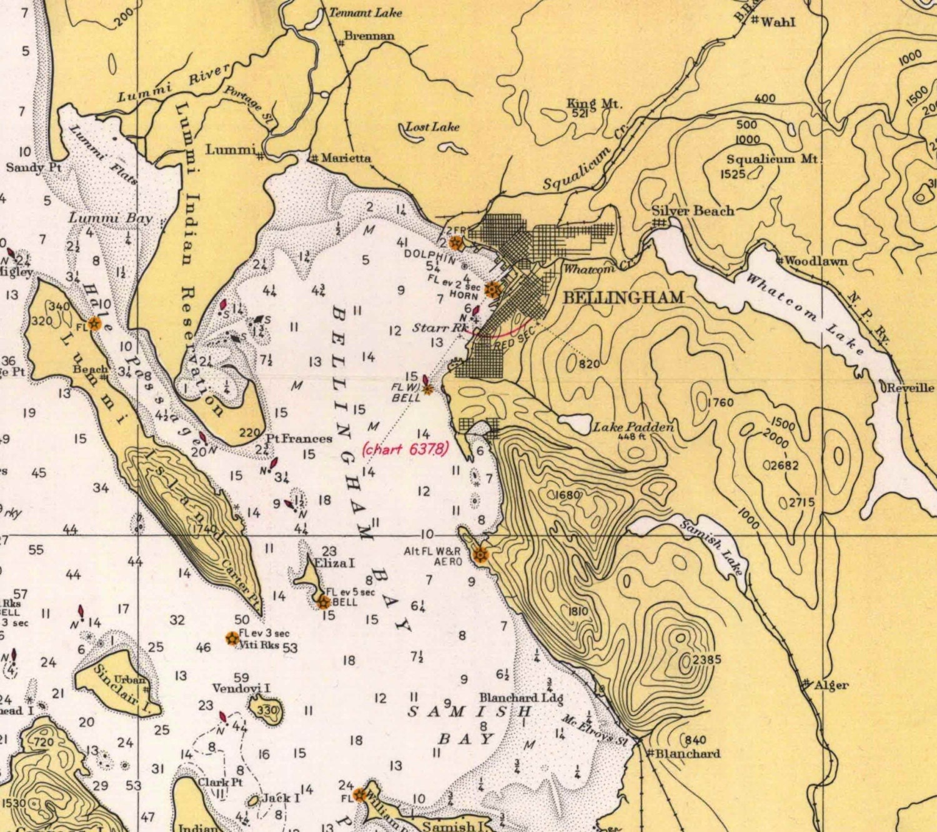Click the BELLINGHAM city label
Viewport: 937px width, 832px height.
623,298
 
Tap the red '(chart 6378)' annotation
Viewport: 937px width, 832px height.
405,449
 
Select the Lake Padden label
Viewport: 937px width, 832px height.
633,427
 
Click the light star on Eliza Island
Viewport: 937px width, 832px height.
324,602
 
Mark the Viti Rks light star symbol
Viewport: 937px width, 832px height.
231,638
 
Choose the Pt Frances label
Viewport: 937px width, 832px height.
299,438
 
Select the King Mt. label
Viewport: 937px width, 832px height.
594,104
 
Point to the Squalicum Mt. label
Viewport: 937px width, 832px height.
772,159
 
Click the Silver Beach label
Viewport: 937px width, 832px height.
693,211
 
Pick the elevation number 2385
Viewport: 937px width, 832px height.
706,659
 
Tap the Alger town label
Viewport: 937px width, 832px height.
831,685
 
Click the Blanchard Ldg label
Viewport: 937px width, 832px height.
521,698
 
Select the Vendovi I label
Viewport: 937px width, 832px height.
241,688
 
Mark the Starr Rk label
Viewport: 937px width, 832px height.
439,328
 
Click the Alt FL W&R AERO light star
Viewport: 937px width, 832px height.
480,554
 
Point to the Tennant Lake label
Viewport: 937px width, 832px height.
365,13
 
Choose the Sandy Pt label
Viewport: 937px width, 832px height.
34,168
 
